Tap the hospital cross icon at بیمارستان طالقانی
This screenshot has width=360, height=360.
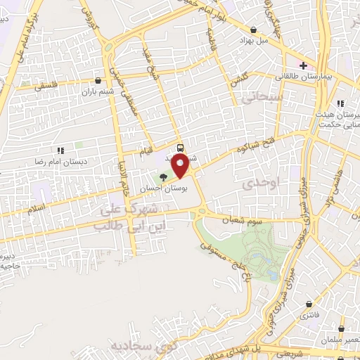tap(303, 65)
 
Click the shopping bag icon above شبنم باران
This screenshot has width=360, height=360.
tap(98, 80)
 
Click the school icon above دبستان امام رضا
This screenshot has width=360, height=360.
tap(60, 150)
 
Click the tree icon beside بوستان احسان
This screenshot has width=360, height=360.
tap(164, 177)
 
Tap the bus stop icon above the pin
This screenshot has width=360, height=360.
tap(181, 148)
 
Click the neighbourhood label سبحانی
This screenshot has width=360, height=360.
tap(262, 98)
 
